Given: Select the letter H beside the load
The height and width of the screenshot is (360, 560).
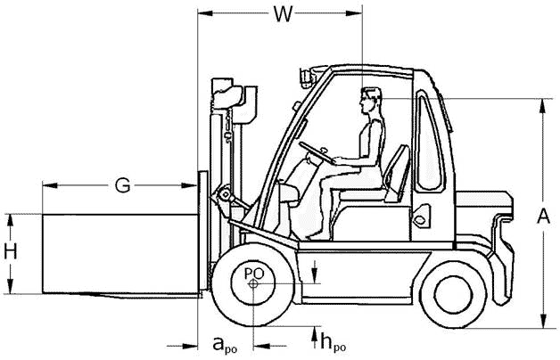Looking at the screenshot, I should tap(10, 252).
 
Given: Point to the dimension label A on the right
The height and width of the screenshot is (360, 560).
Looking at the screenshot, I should tap(546, 216).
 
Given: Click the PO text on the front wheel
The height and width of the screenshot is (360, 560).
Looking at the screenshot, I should tap(253, 272).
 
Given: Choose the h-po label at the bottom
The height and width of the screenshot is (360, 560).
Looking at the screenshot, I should tap(334, 340).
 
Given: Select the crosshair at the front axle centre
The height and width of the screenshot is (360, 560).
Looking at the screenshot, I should tap(254, 284).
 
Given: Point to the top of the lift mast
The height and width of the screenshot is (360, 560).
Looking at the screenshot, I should tap(226, 89).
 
